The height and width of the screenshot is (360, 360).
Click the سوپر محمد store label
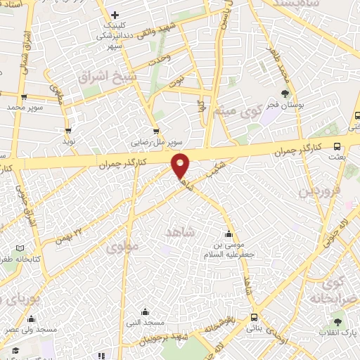pyautogui.click(x=26, y=108)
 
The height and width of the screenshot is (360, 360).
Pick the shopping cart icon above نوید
pyautogui.click(x=68, y=130)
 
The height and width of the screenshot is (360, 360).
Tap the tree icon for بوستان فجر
pyautogui.click(x=285, y=94)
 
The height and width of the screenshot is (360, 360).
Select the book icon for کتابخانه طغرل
pyautogui.click(x=19, y=247)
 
